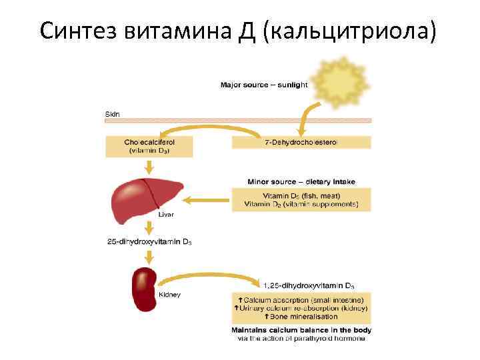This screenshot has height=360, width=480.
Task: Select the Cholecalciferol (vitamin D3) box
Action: tap(149, 147)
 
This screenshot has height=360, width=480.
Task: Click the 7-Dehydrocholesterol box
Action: tap(301, 142)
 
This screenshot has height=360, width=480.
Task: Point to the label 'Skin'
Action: tap(113, 114)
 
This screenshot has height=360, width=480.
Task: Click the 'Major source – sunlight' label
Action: tap(264, 85)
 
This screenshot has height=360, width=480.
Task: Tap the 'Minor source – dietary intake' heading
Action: tap(301, 181)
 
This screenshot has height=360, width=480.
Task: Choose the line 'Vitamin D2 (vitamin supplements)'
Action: tap(301, 204)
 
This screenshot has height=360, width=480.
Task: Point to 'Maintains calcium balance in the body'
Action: tap(301, 330)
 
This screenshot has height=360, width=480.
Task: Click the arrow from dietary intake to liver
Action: tap(207, 199)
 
